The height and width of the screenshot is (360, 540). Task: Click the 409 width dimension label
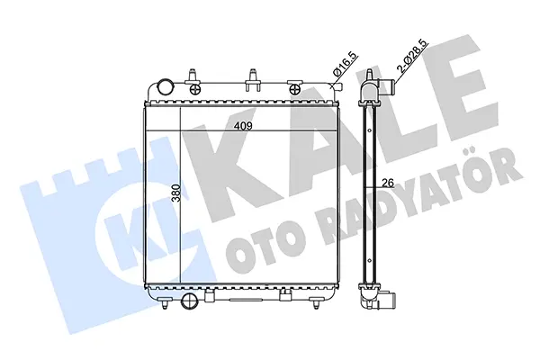243,126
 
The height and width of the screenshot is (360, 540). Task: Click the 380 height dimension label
175,193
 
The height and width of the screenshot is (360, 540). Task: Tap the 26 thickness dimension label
388,183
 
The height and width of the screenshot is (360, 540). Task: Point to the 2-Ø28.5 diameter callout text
412,55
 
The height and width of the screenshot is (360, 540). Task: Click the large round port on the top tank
165,86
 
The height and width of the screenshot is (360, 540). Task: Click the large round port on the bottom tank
189,300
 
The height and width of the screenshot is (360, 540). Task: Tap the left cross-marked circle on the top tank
195,90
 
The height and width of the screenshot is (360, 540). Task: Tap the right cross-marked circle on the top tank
295,90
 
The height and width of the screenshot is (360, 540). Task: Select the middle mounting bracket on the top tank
253,80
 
